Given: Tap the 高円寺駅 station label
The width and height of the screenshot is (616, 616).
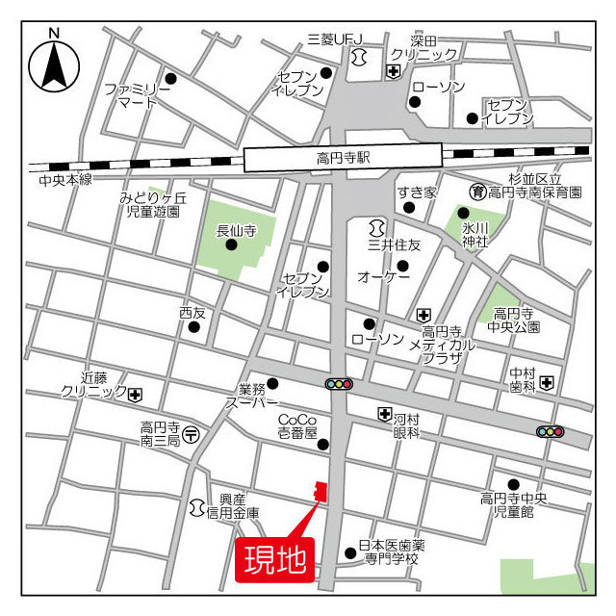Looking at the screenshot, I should pos(343,157).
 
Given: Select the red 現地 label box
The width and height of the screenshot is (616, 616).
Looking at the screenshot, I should pos(274,558).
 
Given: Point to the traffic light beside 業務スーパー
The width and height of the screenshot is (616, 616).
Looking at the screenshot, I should pos(339,384).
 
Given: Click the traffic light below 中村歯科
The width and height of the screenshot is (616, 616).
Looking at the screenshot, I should pos(550,432).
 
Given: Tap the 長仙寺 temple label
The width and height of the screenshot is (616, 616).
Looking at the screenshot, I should pos(236,230).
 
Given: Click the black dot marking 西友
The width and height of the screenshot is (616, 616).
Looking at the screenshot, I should pos(194,326).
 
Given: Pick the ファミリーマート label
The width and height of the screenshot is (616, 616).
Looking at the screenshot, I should pos(138,95).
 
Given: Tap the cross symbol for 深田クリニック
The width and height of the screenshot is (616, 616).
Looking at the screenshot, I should pos(394,71).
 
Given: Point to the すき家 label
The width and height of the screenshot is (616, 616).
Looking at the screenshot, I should pos(417,192).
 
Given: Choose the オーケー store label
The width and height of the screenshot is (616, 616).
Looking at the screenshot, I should pos(384,277).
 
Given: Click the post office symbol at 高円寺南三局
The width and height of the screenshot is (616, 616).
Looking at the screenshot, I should pos(192,434).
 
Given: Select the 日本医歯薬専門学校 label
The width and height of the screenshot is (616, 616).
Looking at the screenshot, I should pos(391,552).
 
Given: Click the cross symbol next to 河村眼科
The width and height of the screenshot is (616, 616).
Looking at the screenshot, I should pos(384,414).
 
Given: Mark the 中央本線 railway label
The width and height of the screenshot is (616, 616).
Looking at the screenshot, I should pos(65,180).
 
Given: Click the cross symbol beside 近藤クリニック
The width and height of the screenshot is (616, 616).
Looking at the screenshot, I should pos(136,394).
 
